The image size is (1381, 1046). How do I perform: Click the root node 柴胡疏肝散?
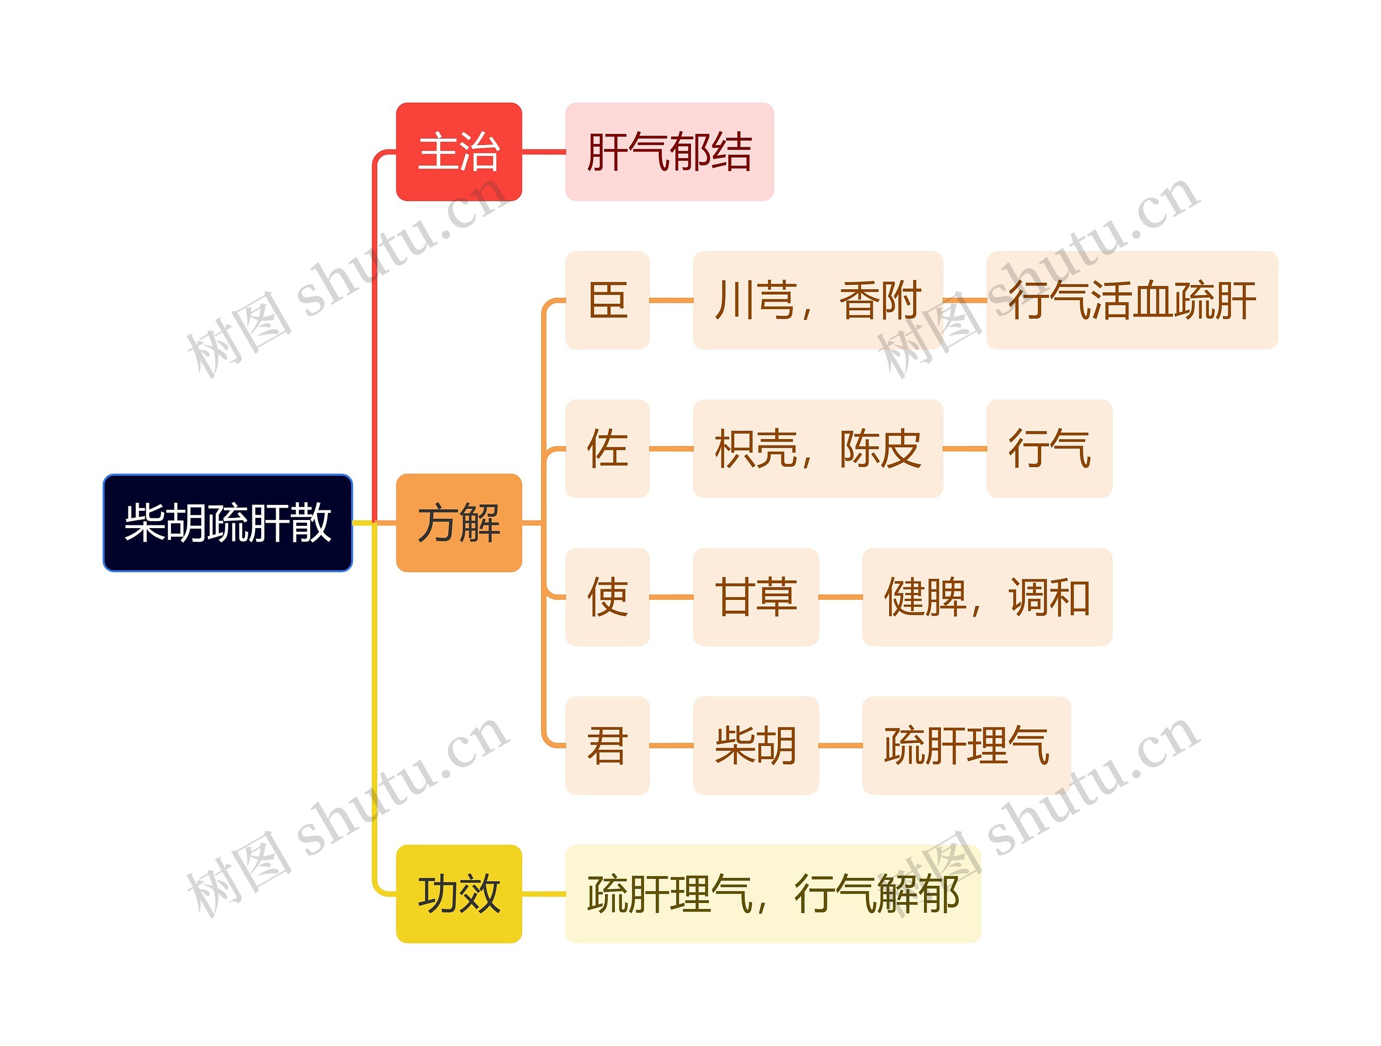click(x=227, y=523)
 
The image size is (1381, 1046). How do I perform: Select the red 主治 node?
click(x=459, y=152)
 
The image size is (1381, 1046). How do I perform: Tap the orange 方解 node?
click(x=459, y=523)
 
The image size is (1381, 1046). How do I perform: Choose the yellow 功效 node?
click(x=459, y=894)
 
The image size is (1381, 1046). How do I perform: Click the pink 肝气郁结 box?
click(x=669, y=152)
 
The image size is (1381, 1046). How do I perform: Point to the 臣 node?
click(x=607, y=300)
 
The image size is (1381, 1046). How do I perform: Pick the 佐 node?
click(x=607, y=448)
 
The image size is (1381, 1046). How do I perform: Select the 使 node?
click(x=607, y=597)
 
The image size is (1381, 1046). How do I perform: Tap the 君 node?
click(x=607, y=745)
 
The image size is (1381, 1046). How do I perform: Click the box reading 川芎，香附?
click(x=818, y=300)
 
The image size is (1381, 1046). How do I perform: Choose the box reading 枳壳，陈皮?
click(x=818, y=448)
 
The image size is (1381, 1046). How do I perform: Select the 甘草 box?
click(x=755, y=597)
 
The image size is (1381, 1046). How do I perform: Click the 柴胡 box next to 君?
click(x=755, y=745)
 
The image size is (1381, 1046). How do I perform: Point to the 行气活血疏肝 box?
click(x=1132, y=300)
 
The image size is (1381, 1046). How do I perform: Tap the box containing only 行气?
click(x=1049, y=448)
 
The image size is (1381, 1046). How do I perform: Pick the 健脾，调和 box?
click(x=987, y=597)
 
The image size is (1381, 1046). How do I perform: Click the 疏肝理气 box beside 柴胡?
click(x=966, y=745)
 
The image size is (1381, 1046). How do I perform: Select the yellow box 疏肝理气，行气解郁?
click(x=773, y=894)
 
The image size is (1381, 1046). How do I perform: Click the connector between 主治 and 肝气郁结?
click(x=543, y=152)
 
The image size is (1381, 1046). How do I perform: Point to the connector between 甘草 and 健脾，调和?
click(x=840, y=597)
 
